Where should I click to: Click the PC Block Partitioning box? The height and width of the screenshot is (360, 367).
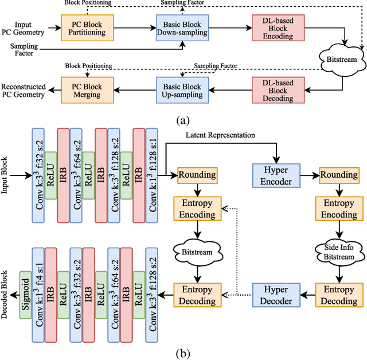coord(87,26)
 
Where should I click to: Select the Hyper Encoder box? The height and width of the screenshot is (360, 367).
coord(276,175)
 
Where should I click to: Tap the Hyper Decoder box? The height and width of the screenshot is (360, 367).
coord(276,295)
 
